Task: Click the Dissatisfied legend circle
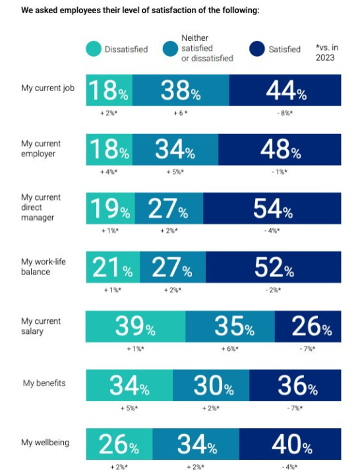point(94,49)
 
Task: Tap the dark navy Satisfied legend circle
point(257,49)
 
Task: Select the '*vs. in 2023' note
point(326,52)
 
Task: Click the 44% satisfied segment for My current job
point(285,90)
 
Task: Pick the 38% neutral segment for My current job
point(181,90)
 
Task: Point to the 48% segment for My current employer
point(280,149)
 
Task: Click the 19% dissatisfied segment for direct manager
point(111,208)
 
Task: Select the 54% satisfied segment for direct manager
point(272,208)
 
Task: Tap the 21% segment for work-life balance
point(113,267)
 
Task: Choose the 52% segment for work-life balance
point(274,267)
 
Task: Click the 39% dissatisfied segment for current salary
point(136,327)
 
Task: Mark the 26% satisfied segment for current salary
point(308,327)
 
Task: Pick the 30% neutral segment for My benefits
point(211,385)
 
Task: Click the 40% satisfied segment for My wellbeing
point(290,444)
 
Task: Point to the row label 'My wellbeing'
point(45,443)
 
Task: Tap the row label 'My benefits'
point(44,383)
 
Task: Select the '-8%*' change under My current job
point(285,113)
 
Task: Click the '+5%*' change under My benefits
point(129,408)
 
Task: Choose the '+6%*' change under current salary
point(230,349)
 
